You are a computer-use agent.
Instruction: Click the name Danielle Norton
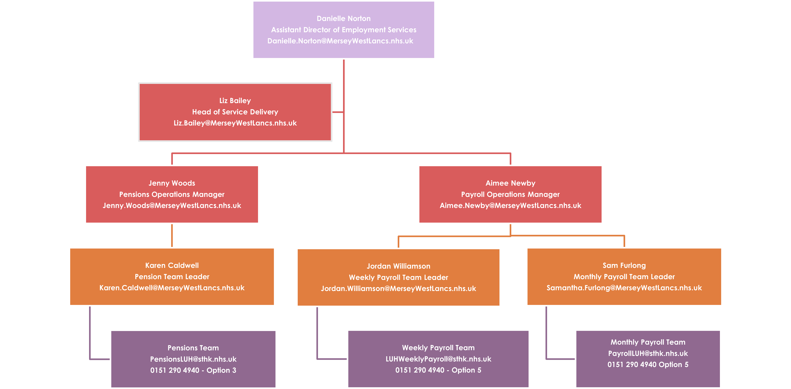pyautogui.click(x=344, y=19)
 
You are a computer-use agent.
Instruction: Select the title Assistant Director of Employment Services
pyautogui.click(x=344, y=30)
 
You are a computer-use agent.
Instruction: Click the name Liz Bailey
pyautogui.click(x=235, y=101)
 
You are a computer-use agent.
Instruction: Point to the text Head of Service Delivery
pyautogui.click(x=235, y=112)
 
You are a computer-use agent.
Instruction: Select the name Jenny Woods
pyautogui.click(x=172, y=183)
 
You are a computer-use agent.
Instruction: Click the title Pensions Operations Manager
pyautogui.click(x=172, y=195)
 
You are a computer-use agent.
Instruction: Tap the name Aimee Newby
pyautogui.click(x=510, y=183)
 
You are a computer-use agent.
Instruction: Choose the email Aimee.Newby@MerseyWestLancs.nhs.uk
pyautogui.click(x=510, y=206)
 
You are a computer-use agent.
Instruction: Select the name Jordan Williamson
pyautogui.click(x=398, y=266)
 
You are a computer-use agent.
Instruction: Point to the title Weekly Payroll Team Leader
pyautogui.click(x=398, y=278)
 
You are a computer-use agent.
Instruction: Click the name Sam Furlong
pyautogui.click(x=624, y=265)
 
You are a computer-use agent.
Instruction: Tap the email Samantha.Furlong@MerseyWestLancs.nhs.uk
pyautogui.click(x=624, y=288)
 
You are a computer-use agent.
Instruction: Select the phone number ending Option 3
pyautogui.click(x=193, y=370)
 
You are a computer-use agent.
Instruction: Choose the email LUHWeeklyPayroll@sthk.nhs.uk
pyautogui.click(x=438, y=359)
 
